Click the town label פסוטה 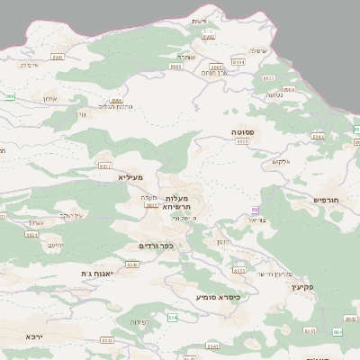pos(242,132)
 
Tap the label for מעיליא pos(131,177)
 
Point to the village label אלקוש pos(280,162)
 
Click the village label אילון pos(49,98)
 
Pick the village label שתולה pos(256,50)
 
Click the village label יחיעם pos(55,244)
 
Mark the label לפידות pos(138,321)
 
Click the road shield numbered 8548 pos(132,265)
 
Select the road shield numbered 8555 pos(239,270)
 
